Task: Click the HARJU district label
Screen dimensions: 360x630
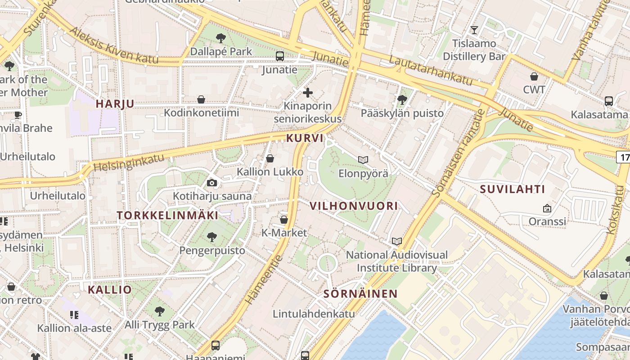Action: point(115,103)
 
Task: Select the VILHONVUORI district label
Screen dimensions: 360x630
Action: point(354,206)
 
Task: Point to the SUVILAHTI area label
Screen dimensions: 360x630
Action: point(512,189)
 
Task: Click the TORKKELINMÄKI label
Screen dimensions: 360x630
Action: point(167,215)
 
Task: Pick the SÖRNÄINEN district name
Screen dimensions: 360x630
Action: point(360,294)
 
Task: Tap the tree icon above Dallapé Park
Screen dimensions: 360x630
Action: point(220,38)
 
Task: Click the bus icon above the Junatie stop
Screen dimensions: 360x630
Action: point(280,56)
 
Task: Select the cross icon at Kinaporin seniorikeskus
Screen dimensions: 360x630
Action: point(308,93)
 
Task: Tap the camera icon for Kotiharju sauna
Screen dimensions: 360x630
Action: point(212,183)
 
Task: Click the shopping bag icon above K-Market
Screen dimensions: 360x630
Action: point(284,220)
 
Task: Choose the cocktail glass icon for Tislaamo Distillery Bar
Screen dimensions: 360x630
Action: point(474,30)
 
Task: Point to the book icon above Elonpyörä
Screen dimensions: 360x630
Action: point(363,160)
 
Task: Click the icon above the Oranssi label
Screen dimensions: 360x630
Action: point(547,208)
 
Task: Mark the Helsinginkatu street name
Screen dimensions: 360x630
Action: point(129,161)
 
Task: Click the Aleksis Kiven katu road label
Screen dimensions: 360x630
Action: point(114,46)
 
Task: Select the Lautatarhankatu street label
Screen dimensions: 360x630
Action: point(431,71)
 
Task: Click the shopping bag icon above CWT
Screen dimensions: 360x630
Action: point(534,76)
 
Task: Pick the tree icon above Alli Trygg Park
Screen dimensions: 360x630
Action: point(159,311)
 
